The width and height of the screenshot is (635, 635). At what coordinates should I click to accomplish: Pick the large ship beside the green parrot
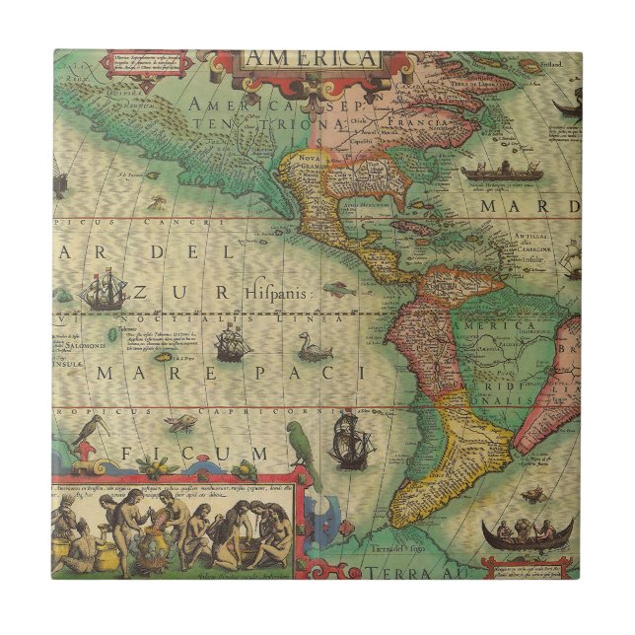coord(350,439)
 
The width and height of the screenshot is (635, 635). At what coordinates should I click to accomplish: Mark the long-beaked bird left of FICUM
coord(92,430)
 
